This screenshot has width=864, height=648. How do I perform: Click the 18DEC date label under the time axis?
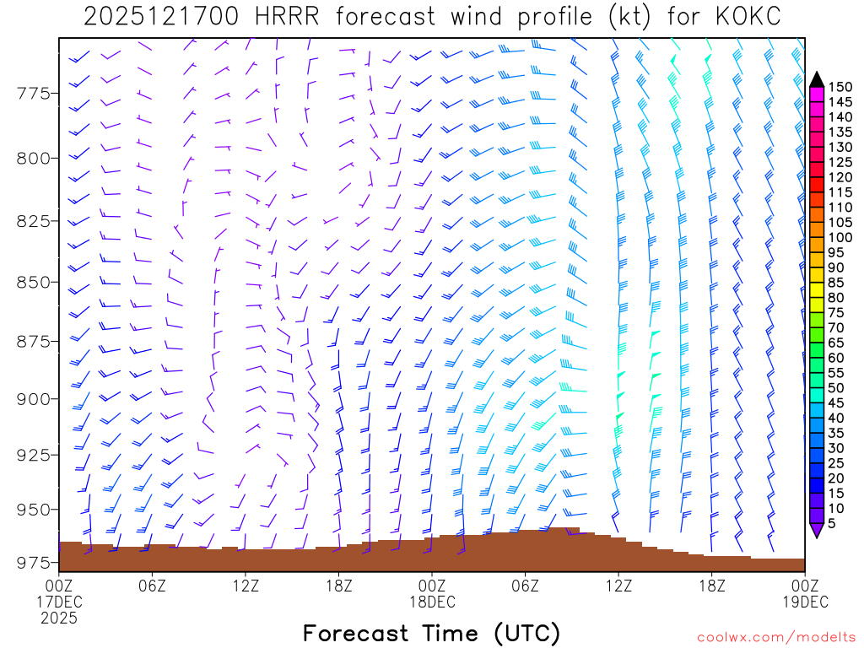coord(432,602)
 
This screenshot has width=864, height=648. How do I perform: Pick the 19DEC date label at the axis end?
coord(805,602)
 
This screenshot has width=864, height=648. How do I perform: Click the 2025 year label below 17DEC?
coord(59,618)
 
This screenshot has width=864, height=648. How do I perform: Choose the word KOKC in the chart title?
coord(744,17)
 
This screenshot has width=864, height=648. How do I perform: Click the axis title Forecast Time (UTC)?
coord(431,633)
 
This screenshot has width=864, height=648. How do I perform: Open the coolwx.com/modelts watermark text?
coord(775,635)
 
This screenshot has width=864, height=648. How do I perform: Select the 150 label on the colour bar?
coord(841,87)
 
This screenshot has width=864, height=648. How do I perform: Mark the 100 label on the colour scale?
coord(841,237)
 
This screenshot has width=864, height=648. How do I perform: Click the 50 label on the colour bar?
coord(838,388)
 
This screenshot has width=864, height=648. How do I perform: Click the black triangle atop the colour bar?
coord(817,79)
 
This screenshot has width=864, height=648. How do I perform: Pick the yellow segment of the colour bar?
coord(817,290)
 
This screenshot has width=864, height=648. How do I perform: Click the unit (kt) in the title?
coord(625,17)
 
